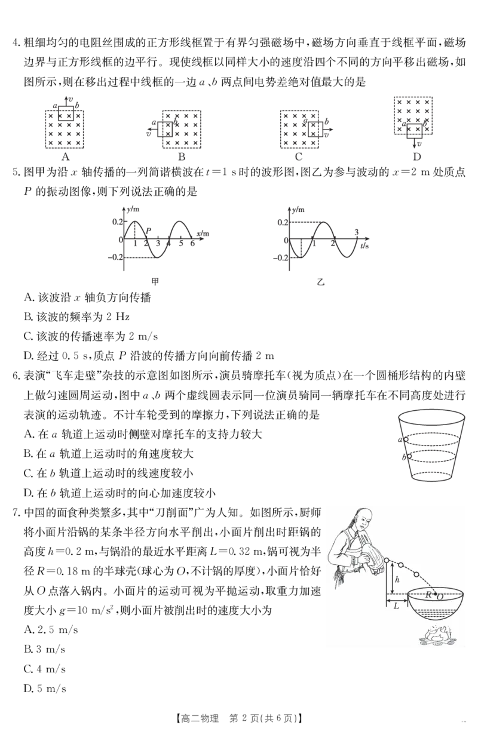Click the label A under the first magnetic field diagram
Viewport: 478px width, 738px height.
click(x=66, y=156)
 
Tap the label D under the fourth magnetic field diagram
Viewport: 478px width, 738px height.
click(x=417, y=156)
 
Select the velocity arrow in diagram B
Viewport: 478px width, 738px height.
click(x=152, y=130)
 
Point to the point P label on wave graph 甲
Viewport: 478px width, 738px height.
click(x=148, y=230)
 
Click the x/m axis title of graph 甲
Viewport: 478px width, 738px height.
click(x=203, y=233)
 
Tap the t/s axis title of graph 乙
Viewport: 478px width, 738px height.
click(x=364, y=246)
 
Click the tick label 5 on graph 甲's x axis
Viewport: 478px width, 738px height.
click(x=181, y=244)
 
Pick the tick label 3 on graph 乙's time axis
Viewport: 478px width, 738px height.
click(x=356, y=232)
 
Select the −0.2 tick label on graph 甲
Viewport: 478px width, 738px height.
click(x=115, y=257)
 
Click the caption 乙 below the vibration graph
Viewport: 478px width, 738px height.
click(x=321, y=282)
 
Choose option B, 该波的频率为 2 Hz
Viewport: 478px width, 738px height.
click(x=77, y=317)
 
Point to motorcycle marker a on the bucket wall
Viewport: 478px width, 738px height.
click(x=406, y=439)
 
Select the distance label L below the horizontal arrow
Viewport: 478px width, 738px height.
click(x=397, y=605)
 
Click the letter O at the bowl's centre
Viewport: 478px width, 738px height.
click(x=439, y=596)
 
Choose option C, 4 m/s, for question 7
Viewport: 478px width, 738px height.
click(x=45, y=669)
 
